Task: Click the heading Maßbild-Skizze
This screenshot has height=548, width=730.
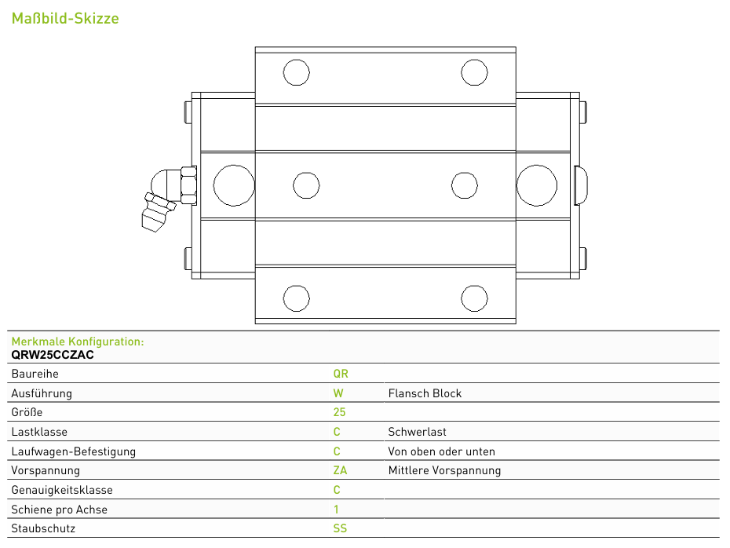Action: [x=65, y=18]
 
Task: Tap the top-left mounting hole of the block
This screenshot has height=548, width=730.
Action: [x=296, y=73]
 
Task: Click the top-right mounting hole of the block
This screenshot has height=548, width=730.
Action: [x=474, y=73]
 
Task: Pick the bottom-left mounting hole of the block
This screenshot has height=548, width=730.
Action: [x=296, y=298]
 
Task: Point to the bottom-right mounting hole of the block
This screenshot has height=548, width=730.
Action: [x=474, y=298]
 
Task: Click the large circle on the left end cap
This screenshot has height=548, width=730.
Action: [x=234, y=185]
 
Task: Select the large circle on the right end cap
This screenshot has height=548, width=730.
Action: [x=537, y=185]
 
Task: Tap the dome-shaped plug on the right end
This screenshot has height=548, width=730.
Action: [x=581, y=185]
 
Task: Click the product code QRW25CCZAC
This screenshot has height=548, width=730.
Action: [x=53, y=355]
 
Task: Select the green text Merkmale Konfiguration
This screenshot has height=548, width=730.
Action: [x=78, y=342]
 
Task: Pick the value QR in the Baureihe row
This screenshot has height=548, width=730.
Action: [x=341, y=374]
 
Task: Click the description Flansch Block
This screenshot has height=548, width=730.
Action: [x=425, y=393]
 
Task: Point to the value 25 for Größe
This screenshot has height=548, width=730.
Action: [x=339, y=412]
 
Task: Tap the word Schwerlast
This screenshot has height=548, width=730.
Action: [x=417, y=432]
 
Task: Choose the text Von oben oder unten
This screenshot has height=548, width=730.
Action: [x=441, y=451]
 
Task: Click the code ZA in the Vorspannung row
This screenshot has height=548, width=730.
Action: [x=340, y=471]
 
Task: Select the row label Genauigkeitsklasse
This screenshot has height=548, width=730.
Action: [x=62, y=490]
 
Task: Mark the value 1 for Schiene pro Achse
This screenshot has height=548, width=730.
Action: [x=336, y=510]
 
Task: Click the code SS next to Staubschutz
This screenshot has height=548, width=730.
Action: [x=340, y=529]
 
